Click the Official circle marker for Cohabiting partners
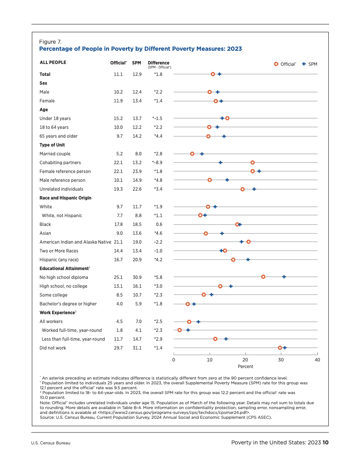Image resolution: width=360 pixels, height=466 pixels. (252, 162)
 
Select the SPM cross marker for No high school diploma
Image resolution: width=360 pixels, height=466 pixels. (284, 277)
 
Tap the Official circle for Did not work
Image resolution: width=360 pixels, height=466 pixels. (280, 348)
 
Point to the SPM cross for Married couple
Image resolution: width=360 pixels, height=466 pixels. (202, 154)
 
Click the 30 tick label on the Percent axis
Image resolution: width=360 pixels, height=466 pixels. (281, 360)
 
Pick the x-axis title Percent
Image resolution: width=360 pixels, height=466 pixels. (246, 367)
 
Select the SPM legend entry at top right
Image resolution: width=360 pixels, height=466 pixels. (310, 64)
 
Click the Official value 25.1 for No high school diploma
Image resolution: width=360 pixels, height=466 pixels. (118, 277)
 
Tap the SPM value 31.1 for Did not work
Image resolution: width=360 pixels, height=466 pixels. (137, 348)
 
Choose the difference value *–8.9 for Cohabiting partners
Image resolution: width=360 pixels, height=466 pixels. (157, 162)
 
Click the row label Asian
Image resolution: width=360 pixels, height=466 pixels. (45, 233)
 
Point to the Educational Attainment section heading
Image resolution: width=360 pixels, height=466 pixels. (64, 268)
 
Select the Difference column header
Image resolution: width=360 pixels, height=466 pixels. (158, 63)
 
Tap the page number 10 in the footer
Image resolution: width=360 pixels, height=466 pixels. (326, 443)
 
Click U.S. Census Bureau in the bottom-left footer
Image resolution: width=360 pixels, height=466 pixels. (51, 443)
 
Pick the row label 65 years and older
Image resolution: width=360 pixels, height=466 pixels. (59, 136)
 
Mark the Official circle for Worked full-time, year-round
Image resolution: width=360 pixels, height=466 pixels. (180, 330)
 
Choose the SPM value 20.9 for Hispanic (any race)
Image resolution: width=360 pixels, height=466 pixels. (137, 259)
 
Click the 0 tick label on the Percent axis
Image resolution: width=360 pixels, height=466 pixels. (174, 360)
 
